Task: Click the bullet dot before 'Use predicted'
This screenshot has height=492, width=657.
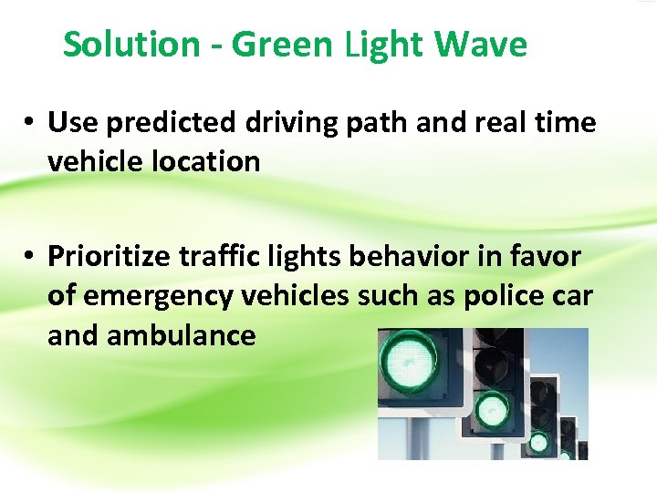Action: (30, 123)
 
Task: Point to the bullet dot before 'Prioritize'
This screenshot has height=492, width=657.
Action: (30, 258)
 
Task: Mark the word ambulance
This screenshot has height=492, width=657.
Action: (181, 336)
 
